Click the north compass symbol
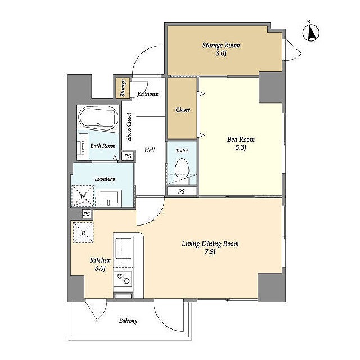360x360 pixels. click(x=311, y=32)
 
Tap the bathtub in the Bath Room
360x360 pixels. click(x=98, y=119)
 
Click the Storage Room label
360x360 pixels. click(x=221, y=46)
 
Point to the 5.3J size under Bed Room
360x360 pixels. click(x=241, y=147)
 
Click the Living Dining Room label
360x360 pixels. click(x=210, y=244)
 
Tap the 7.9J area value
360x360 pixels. click(x=210, y=252)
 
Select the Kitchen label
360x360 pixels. click(x=100, y=260)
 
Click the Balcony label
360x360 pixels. click(x=128, y=321)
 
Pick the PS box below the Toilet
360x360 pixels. click(x=182, y=191)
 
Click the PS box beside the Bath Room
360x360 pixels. click(x=128, y=156)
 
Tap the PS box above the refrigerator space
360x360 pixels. click(x=87, y=214)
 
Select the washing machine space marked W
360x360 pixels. click(x=83, y=196)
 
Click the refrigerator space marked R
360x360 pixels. click(x=83, y=232)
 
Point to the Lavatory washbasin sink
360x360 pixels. click(x=109, y=198)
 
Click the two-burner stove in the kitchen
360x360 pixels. click(x=123, y=279)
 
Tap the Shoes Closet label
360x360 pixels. click(x=129, y=127)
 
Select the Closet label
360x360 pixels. click(x=182, y=110)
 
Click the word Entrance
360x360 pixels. click(x=148, y=94)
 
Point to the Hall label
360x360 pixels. click(x=150, y=150)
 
